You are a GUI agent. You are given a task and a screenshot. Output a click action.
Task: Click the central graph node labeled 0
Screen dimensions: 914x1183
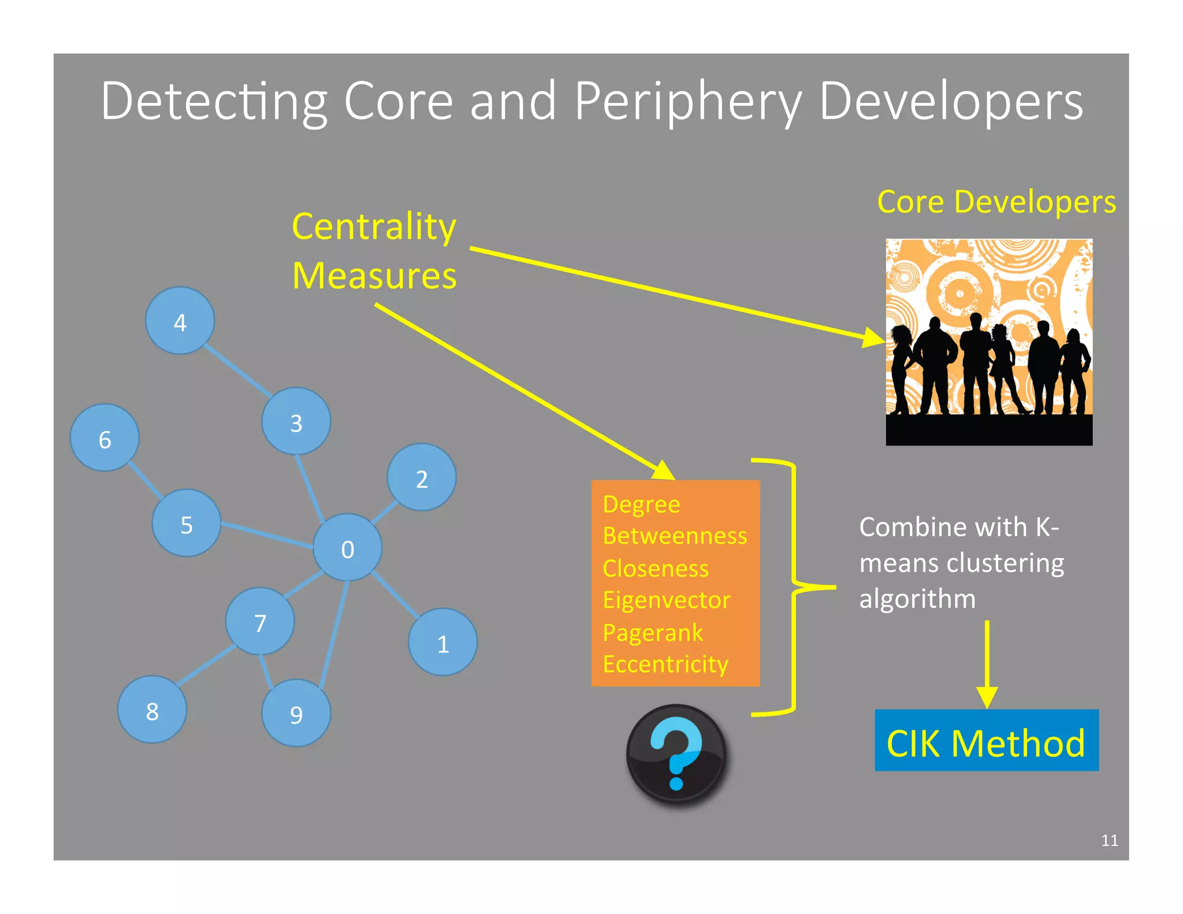(x=347, y=548)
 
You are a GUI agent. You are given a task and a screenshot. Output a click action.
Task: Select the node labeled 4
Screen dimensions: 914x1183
(x=180, y=321)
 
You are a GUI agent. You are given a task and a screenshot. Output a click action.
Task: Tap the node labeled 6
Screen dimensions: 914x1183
(x=105, y=438)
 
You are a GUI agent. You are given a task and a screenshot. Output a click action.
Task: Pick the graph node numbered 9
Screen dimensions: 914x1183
(x=296, y=714)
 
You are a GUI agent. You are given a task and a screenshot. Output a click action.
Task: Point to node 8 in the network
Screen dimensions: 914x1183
(x=152, y=710)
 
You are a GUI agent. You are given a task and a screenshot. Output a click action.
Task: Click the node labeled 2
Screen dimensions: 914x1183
(x=422, y=478)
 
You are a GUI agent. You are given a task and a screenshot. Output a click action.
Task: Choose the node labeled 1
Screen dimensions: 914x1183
(x=442, y=642)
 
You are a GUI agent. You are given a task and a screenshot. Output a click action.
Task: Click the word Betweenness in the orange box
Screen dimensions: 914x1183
(x=675, y=536)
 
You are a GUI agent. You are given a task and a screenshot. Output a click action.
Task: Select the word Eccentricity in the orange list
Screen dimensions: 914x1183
(x=665, y=664)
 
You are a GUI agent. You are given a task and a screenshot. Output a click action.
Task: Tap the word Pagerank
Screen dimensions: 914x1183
(x=653, y=633)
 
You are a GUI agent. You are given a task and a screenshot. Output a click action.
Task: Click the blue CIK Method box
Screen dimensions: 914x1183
(x=986, y=741)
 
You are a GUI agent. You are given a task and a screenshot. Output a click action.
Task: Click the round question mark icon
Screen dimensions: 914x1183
(x=676, y=754)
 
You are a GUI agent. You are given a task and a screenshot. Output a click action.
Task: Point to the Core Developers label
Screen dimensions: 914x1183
(x=996, y=202)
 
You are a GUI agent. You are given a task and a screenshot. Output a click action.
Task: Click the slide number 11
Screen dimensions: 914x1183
(x=1109, y=841)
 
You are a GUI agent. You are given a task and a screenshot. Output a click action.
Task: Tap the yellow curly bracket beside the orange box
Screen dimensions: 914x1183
(x=795, y=586)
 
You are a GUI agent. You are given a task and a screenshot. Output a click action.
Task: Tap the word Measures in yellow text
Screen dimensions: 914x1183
(x=374, y=276)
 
